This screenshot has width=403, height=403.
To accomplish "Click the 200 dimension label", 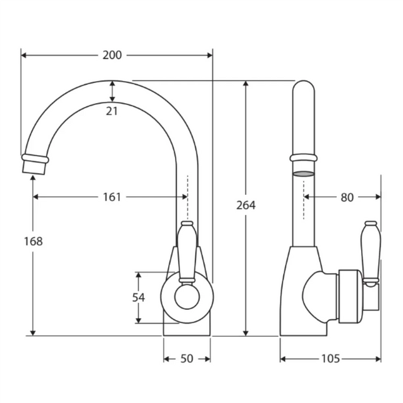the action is click(x=112, y=55).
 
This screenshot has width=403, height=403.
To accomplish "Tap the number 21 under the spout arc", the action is click(x=112, y=111).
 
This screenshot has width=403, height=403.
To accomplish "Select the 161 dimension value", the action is click(x=112, y=197).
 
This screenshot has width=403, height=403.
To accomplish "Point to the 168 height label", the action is click(x=33, y=241).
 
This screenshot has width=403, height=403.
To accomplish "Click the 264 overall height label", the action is click(x=246, y=205).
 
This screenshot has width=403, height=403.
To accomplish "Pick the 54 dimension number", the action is click(x=139, y=297).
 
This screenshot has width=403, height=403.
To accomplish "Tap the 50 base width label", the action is click(x=187, y=359).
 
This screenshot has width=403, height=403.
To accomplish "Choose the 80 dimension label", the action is click(x=347, y=197).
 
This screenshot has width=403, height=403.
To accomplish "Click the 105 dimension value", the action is click(x=331, y=359).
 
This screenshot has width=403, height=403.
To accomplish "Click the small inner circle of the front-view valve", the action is click(x=187, y=297).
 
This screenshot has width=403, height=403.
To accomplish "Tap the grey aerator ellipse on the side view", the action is click(x=304, y=174).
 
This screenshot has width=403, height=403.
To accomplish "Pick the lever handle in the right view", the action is click(x=371, y=252).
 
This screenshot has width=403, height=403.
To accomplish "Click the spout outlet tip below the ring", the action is click(x=35, y=167).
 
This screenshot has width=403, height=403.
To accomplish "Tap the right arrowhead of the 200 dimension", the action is click(x=210, y=55).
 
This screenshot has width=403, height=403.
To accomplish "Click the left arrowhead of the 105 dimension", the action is click(x=283, y=359).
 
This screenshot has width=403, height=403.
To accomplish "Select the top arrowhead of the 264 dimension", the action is click(x=246, y=84).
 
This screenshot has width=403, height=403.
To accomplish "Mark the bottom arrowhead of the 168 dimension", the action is click(x=33, y=333).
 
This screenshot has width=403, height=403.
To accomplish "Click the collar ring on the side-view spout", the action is click(x=304, y=157).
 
